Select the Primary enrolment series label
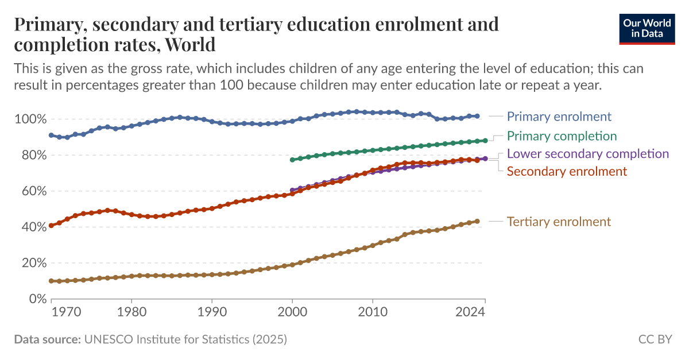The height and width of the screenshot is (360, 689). tap(559, 117)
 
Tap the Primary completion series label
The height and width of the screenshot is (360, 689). tap(562, 136)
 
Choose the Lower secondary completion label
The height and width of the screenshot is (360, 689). tap(587, 154)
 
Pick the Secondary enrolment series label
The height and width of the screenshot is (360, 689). tap(567, 171)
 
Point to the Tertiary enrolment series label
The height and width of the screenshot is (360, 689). tap(559, 222)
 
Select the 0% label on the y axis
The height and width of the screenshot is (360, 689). tap(35, 299)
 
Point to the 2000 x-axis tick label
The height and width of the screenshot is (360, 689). tap(292, 312)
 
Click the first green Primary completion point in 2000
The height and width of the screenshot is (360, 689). tap(292, 160)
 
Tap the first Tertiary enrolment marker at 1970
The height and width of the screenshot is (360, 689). tap(52, 281)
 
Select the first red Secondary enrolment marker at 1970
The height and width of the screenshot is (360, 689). tap(52, 226)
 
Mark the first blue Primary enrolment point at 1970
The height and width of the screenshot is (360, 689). tap(52, 135)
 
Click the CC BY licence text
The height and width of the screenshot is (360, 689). tap(655, 339)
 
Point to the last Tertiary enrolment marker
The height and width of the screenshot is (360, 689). tap(477, 221)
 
